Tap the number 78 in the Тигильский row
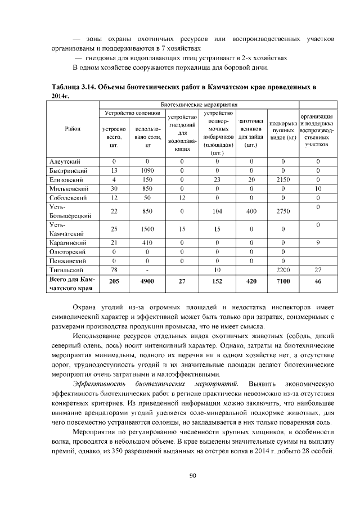coord(114,270)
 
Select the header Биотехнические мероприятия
coord(199,105)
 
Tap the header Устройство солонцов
coord(131,113)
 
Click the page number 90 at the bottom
coord(192,476)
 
